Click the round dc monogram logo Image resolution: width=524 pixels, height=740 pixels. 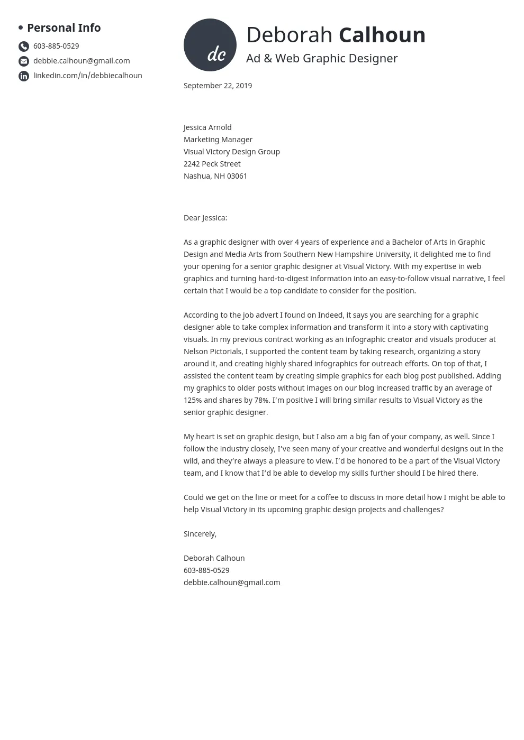point(210,45)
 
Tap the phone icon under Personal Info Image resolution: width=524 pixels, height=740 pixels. point(24,47)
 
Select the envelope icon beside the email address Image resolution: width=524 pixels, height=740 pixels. point(24,61)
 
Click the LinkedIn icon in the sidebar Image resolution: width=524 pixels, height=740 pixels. point(24,76)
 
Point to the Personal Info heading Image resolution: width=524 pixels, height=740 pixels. point(64,27)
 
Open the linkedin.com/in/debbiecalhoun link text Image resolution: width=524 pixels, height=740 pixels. point(87,76)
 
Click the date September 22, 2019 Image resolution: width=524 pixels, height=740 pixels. point(218,86)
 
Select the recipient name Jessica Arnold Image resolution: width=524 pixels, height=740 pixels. point(207,127)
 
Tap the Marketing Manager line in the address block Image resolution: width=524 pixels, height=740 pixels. point(218,140)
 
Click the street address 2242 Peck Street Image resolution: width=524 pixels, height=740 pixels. point(212,164)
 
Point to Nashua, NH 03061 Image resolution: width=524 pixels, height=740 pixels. point(215,176)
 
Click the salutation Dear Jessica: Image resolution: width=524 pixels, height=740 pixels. point(205,218)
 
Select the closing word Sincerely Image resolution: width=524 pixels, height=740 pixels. point(200,534)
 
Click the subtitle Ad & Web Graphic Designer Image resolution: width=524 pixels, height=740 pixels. point(322,58)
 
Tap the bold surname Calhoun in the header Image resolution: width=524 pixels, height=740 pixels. point(382,35)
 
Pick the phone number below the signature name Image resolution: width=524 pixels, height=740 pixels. point(206,570)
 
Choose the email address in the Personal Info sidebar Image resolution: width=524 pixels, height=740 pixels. point(82,61)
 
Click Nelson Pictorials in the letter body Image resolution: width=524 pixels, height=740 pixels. point(213,351)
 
